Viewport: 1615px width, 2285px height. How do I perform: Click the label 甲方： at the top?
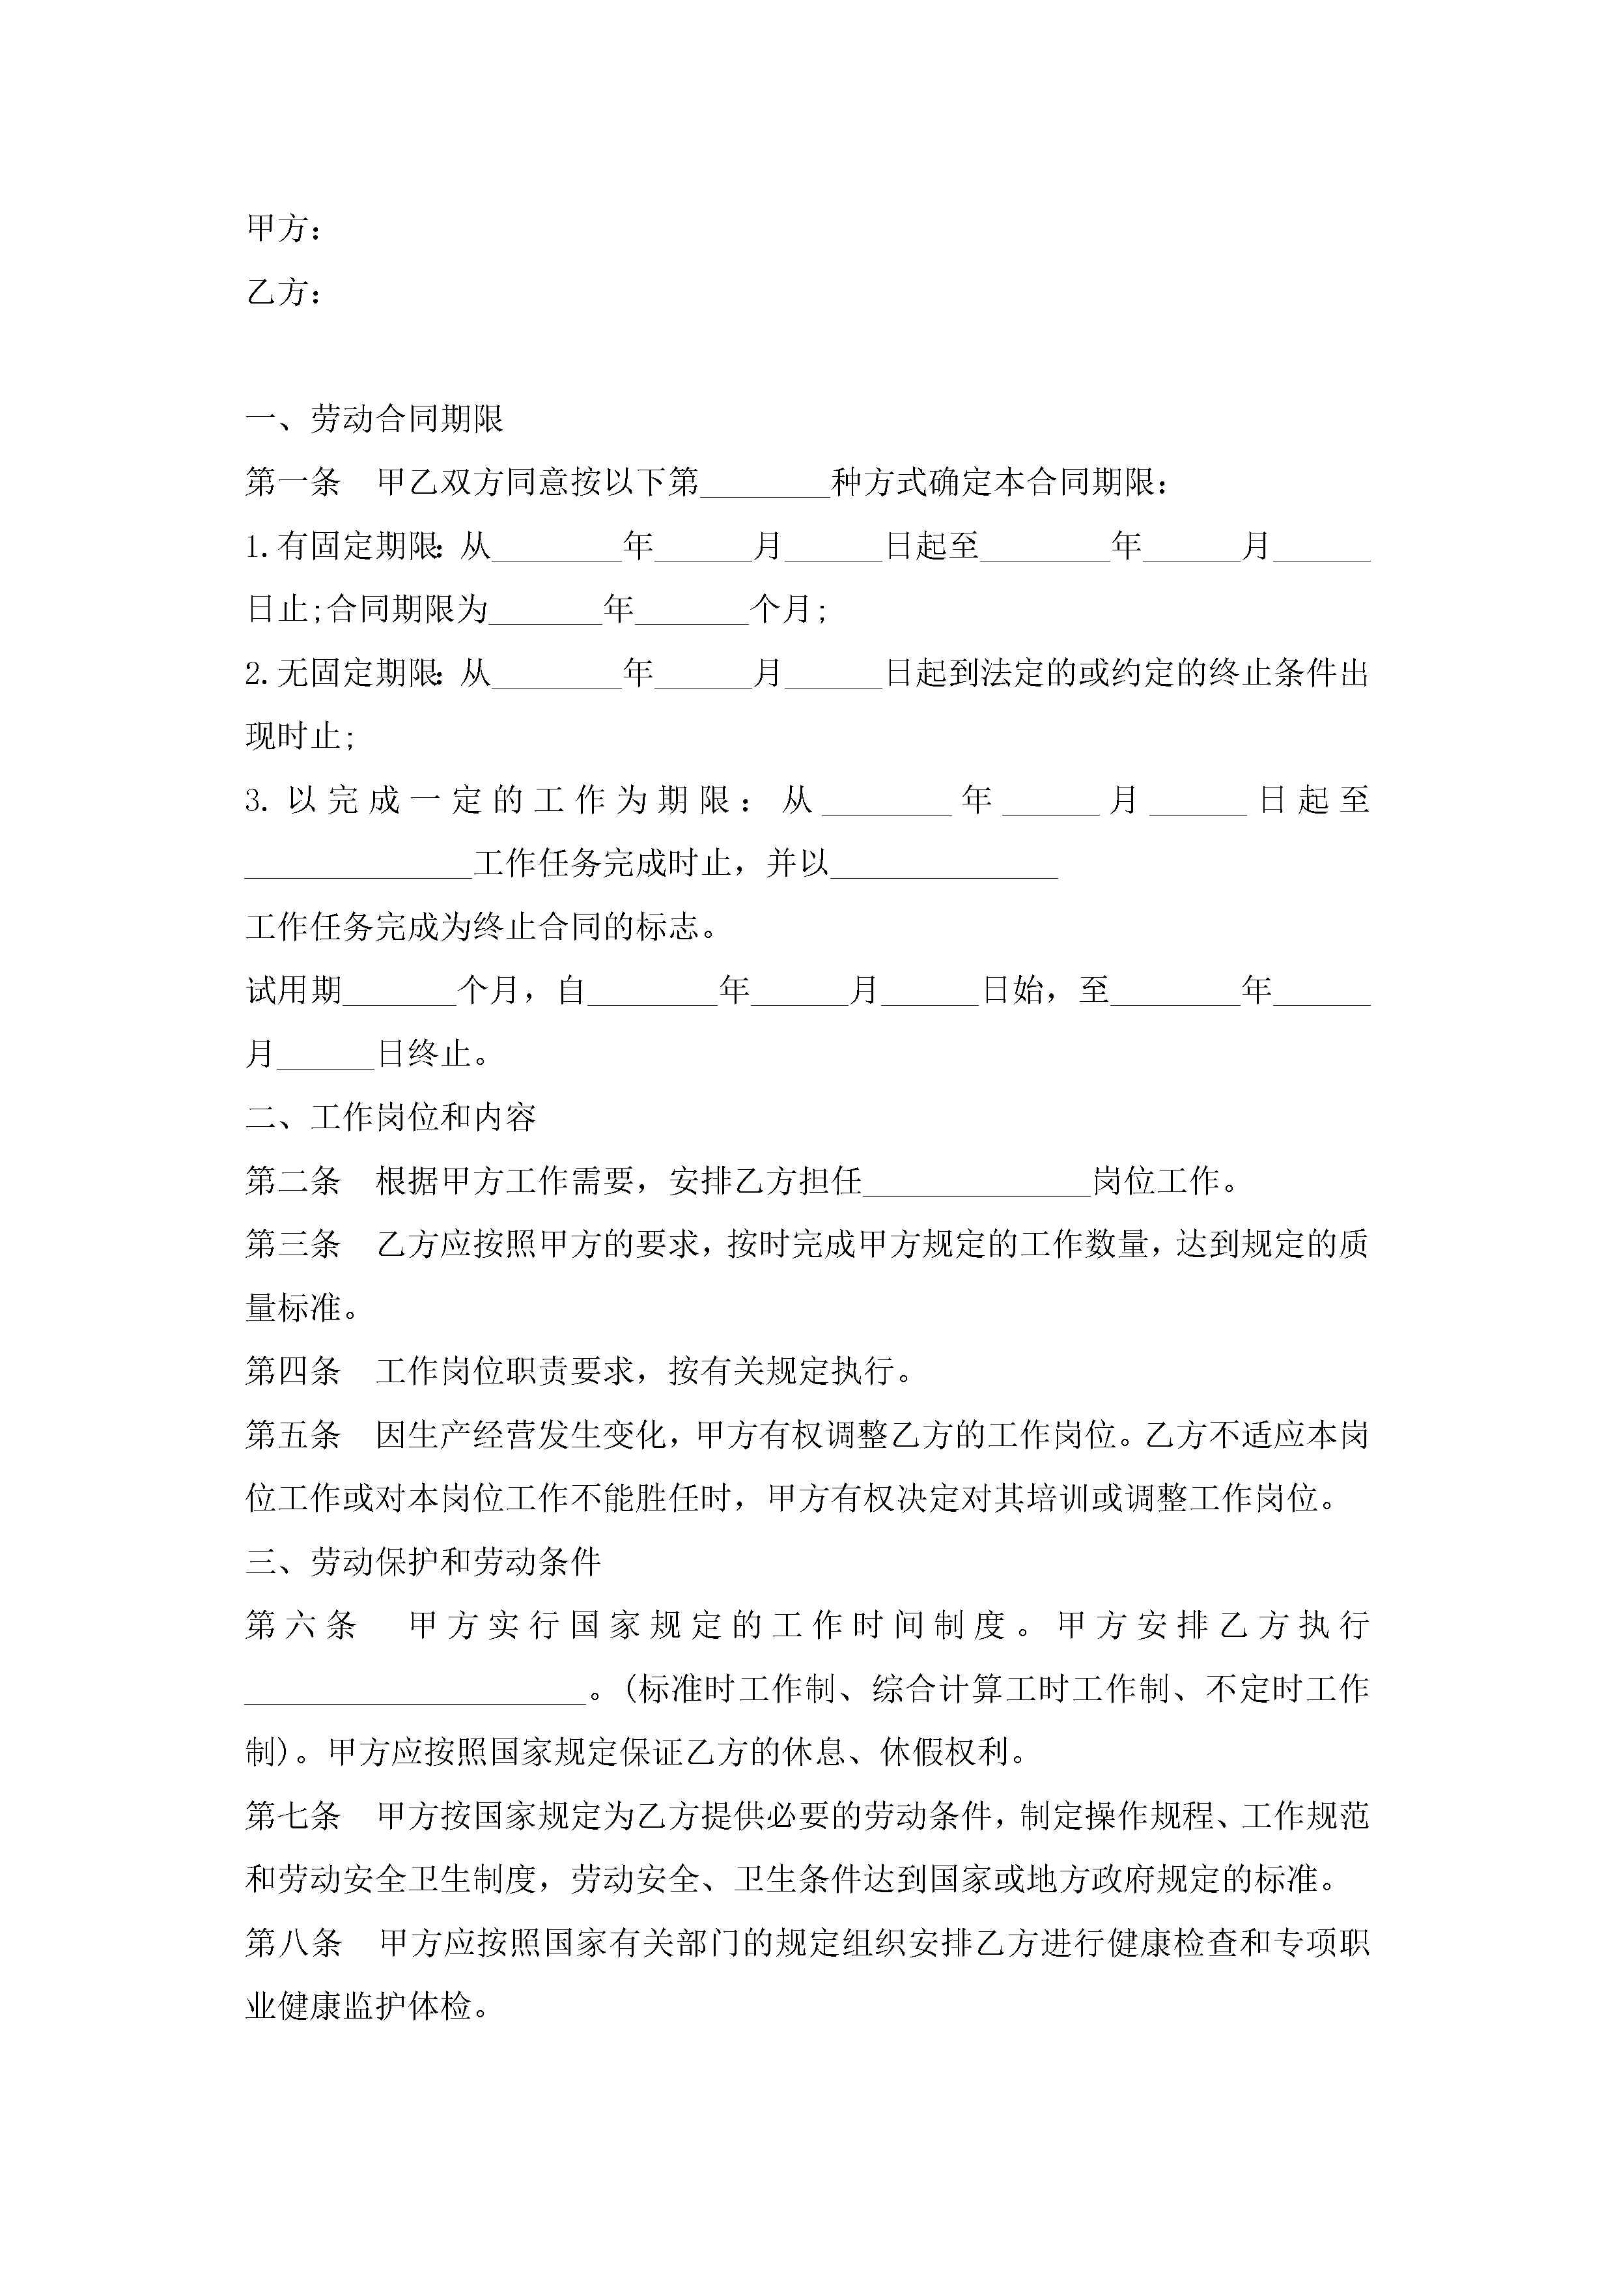(283, 229)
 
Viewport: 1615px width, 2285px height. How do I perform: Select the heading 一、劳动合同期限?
(374, 419)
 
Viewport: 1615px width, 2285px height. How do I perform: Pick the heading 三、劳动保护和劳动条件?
(423, 1561)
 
